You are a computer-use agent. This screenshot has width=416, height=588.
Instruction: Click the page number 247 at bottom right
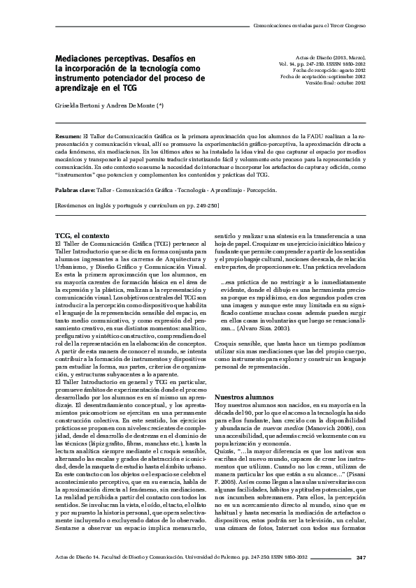point(361,556)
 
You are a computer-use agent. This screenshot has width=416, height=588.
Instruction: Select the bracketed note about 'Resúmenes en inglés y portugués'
point(137,205)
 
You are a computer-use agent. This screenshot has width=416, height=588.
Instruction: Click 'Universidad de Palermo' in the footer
point(228,556)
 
